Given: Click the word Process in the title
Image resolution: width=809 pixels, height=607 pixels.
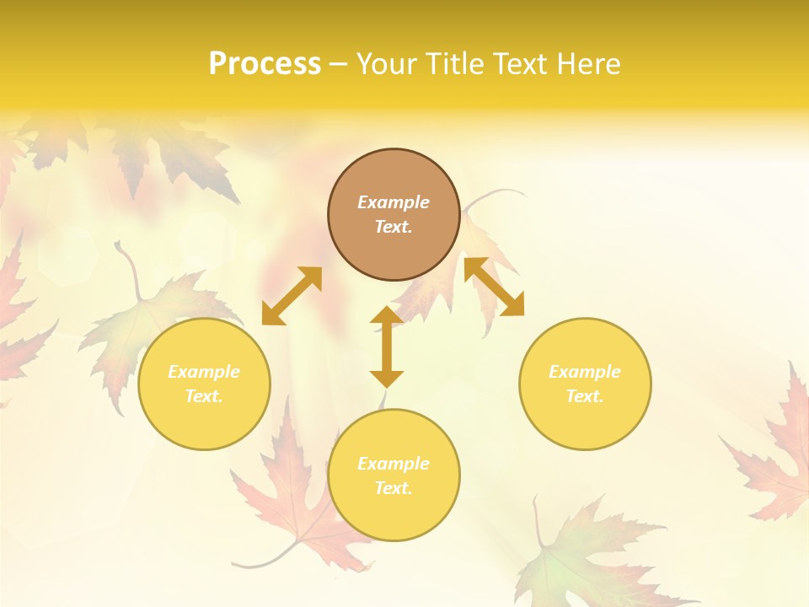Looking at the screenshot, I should pyautogui.click(x=265, y=64).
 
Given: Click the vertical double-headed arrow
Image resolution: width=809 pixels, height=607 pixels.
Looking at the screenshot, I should pyautogui.click(x=387, y=346).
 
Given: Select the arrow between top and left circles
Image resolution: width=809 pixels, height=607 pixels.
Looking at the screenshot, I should pyautogui.click(x=292, y=296).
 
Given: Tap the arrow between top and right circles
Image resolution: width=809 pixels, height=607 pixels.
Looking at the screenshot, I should pyautogui.click(x=495, y=287).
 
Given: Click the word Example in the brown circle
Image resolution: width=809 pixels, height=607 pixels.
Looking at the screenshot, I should pyautogui.click(x=394, y=202).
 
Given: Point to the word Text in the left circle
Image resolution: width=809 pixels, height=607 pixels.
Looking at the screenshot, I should pyautogui.click(x=204, y=396).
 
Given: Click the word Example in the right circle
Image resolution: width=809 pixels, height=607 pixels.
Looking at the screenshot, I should pyautogui.click(x=585, y=372).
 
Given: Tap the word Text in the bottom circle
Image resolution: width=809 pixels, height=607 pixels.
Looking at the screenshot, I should pyautogui.click(x=394, y=488).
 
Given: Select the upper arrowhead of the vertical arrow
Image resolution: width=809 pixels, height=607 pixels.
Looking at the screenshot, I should pyautogui.click(x=387, y=316).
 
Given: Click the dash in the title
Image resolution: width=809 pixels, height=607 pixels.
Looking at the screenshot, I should pyautogui.click(x=338, y=64).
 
